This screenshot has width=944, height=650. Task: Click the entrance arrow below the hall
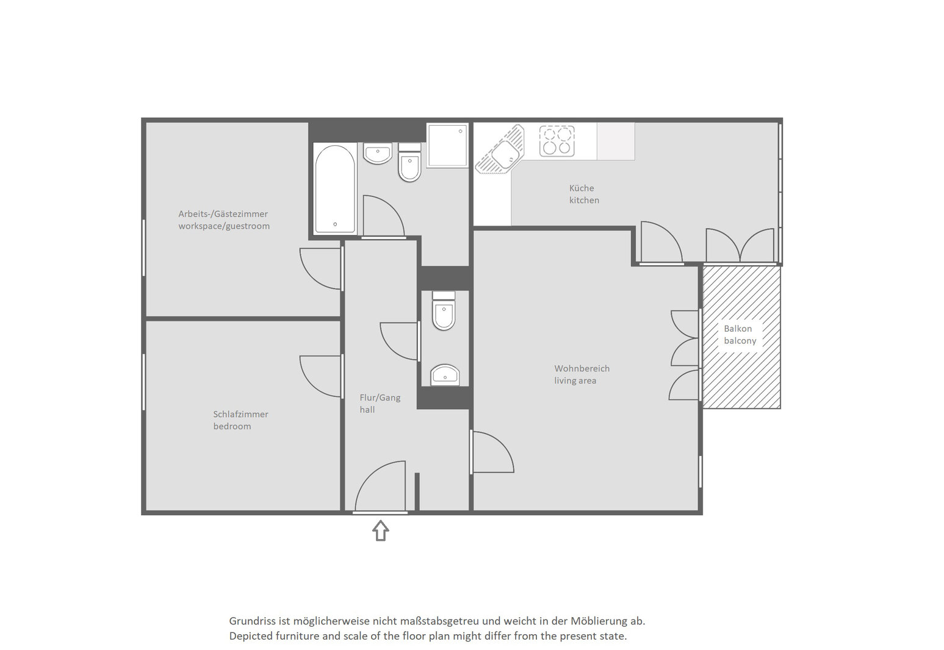(x=380, y=530)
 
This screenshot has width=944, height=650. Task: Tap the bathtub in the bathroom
(x=335, y=188)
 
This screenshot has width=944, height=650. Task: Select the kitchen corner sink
(x=500, y=149)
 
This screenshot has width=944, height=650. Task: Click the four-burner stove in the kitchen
(x=557, y=141)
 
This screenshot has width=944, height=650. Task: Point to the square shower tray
(x=447, y=145)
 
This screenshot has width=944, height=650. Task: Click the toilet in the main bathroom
(x=409, y=162)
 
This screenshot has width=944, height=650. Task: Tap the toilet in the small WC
(x=444, y=311)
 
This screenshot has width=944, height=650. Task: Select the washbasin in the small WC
(x=445, y=374)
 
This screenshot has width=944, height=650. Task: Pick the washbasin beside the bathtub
(x=378, y=153)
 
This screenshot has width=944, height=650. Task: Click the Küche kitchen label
(x=584, y=194)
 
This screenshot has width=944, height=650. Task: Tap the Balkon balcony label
(x=740, y=335)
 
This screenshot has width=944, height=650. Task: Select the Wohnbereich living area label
(x=582, y=374)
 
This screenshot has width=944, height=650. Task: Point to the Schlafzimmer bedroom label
(x=240, y=420)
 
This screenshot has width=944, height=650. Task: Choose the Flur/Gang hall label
(x=380, y=403)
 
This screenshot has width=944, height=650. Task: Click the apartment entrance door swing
(x=380, y=487)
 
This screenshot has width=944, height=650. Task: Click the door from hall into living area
(x=493, y=452)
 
